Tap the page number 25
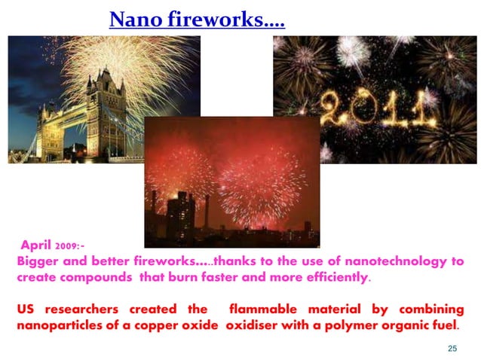pos(452,347)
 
